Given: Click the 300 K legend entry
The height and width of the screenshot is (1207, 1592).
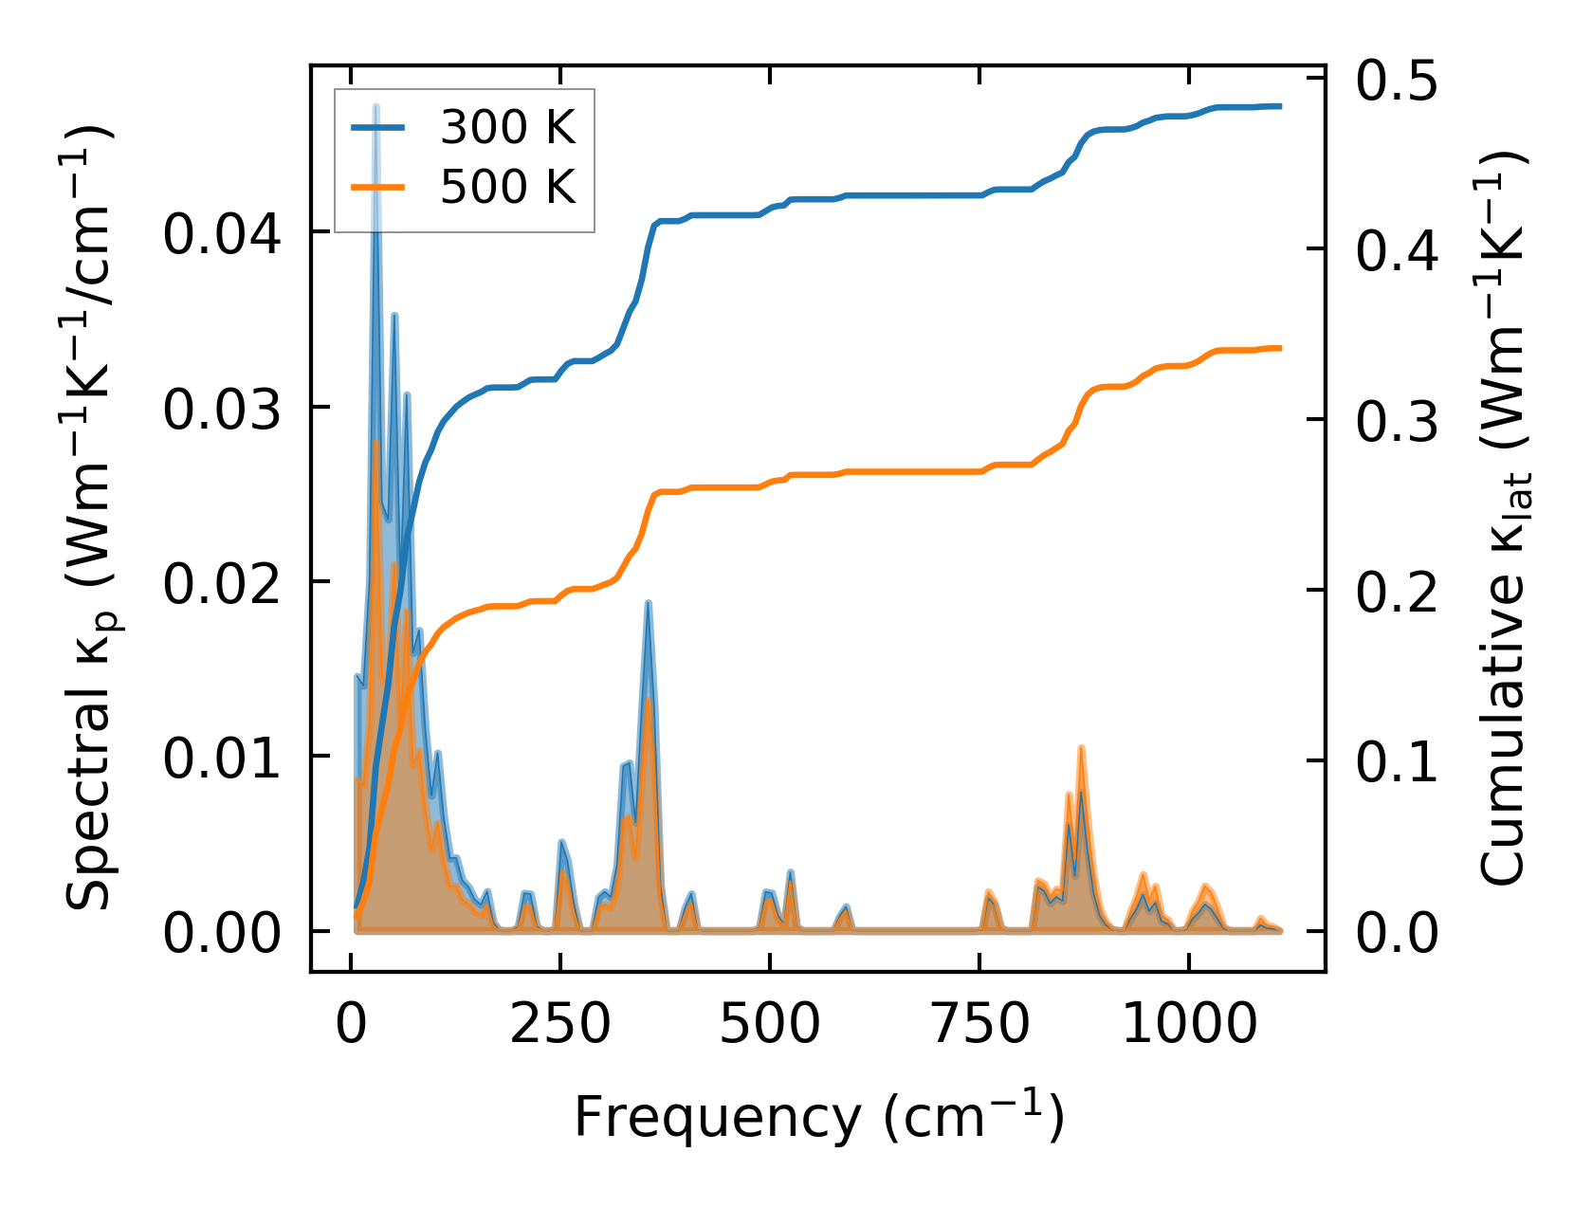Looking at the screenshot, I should pos(507,127).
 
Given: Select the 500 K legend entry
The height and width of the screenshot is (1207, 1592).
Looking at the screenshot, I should pos(507,187).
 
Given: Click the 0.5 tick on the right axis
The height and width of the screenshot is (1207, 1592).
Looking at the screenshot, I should pos(1396,80).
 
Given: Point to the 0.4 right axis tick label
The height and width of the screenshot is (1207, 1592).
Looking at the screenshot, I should pos(1396,250).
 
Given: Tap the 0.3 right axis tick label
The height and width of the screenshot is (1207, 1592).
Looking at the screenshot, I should pos(1396,421).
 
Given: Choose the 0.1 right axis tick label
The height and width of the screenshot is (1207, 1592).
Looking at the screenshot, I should pos(1396,762).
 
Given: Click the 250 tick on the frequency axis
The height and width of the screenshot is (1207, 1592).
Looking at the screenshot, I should pos(559,1025).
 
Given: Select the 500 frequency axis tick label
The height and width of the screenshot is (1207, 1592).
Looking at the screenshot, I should pos(769,1025).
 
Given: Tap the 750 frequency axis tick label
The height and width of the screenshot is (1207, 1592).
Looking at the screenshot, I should pos(979,1025).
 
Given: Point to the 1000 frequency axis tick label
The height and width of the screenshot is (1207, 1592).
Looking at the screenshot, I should pos(1188,1025).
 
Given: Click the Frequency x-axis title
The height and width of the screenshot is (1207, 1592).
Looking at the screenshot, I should pos(818,1117).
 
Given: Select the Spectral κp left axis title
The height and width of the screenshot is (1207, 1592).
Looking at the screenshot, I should pos(90,518).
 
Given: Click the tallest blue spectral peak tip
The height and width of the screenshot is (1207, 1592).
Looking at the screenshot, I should pos(376,107).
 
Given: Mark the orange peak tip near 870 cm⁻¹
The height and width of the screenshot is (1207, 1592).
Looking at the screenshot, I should pos(1081,749).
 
